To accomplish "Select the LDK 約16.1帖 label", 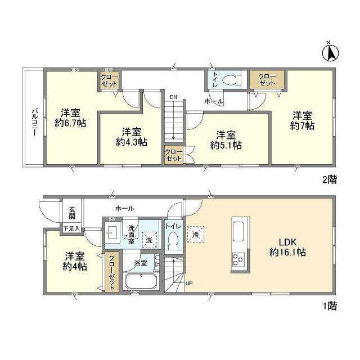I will (x=287, y=248).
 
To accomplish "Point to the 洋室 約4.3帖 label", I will (x=132, y=137).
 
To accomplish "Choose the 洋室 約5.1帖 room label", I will (x=226, y=139).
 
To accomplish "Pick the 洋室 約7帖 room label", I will (x=302, y=120).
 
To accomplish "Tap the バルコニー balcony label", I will (x=34, y=118).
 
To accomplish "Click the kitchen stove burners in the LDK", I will (x=237, y=259).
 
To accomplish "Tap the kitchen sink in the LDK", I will (x=237, y=231).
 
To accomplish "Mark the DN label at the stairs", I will (x=173, y=97).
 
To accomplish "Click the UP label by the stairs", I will (x=188, y=283).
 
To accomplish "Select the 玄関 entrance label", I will (x=72, y=213).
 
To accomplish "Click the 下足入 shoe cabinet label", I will (x=70, y=228).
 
